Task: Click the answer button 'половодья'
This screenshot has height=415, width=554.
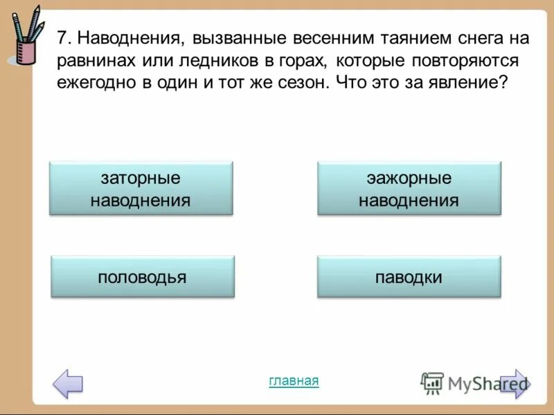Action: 142,277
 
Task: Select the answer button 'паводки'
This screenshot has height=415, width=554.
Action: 409,277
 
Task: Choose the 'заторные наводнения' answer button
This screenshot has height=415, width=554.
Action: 141,189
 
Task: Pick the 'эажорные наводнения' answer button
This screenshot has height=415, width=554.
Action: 409,189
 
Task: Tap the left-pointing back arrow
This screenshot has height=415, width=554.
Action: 68,383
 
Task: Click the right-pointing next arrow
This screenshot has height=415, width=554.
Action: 514,383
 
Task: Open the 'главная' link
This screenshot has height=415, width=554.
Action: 294,380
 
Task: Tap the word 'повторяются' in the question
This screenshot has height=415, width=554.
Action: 469,61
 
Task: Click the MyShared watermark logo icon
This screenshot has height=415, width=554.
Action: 432,382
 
